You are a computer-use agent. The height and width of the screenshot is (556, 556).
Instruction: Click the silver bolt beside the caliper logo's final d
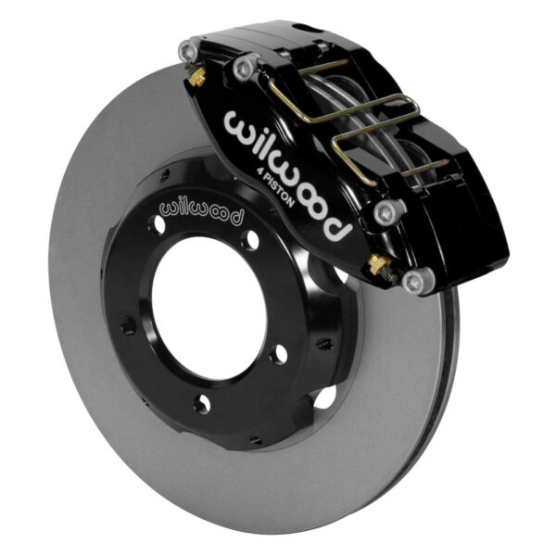[386, 212]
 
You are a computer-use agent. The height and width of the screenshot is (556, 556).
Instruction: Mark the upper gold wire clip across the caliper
[306, 93]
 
